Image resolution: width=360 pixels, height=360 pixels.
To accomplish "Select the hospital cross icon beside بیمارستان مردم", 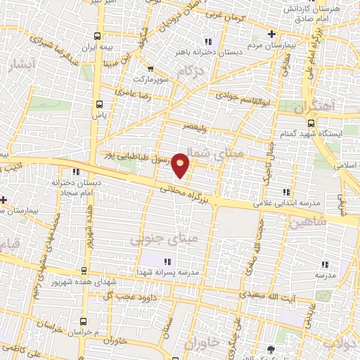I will [x=272, y=34].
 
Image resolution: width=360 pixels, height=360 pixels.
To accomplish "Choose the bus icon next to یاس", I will [x=98, y=104].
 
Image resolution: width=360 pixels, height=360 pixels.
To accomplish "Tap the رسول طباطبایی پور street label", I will [x=136, y=156].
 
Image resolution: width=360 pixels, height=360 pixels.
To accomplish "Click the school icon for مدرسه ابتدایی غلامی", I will [x=285, y=192].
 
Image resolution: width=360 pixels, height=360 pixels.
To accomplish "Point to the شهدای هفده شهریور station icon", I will [x=84, y=271].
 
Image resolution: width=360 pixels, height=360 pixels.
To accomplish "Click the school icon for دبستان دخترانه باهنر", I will [x=206, y=39].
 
